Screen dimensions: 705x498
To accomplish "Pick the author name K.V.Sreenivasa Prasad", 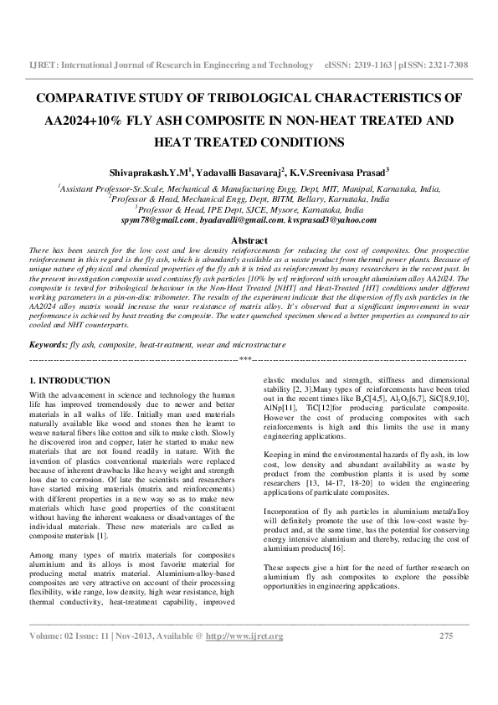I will tap(339, 172).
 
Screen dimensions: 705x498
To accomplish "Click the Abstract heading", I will tap(249, 241).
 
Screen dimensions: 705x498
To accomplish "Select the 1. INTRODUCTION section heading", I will tap(69, 381).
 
